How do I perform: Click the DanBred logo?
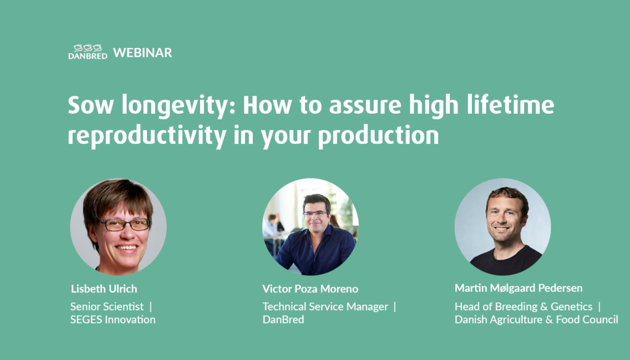point(87,52)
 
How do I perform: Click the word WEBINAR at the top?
point(143,53)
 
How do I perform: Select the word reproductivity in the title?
point(147,136)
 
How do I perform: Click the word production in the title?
point(378,136)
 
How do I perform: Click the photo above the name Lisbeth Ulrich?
point(118,226)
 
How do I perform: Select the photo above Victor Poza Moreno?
point(311,226)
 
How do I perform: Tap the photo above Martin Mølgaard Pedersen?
point(503,226)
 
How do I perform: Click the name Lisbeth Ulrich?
point(104,289)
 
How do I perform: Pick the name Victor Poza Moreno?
point(310,289)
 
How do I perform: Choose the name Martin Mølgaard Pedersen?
point(519,288)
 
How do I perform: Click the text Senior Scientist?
point(107,306)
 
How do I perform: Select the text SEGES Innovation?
point(113,319)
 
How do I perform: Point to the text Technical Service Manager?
point(325,306)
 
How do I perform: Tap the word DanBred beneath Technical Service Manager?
point(283,319)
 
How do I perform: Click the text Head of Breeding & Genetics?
point(524,306)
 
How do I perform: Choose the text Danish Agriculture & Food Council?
point(536,319)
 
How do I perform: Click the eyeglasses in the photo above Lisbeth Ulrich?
point(124,225)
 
